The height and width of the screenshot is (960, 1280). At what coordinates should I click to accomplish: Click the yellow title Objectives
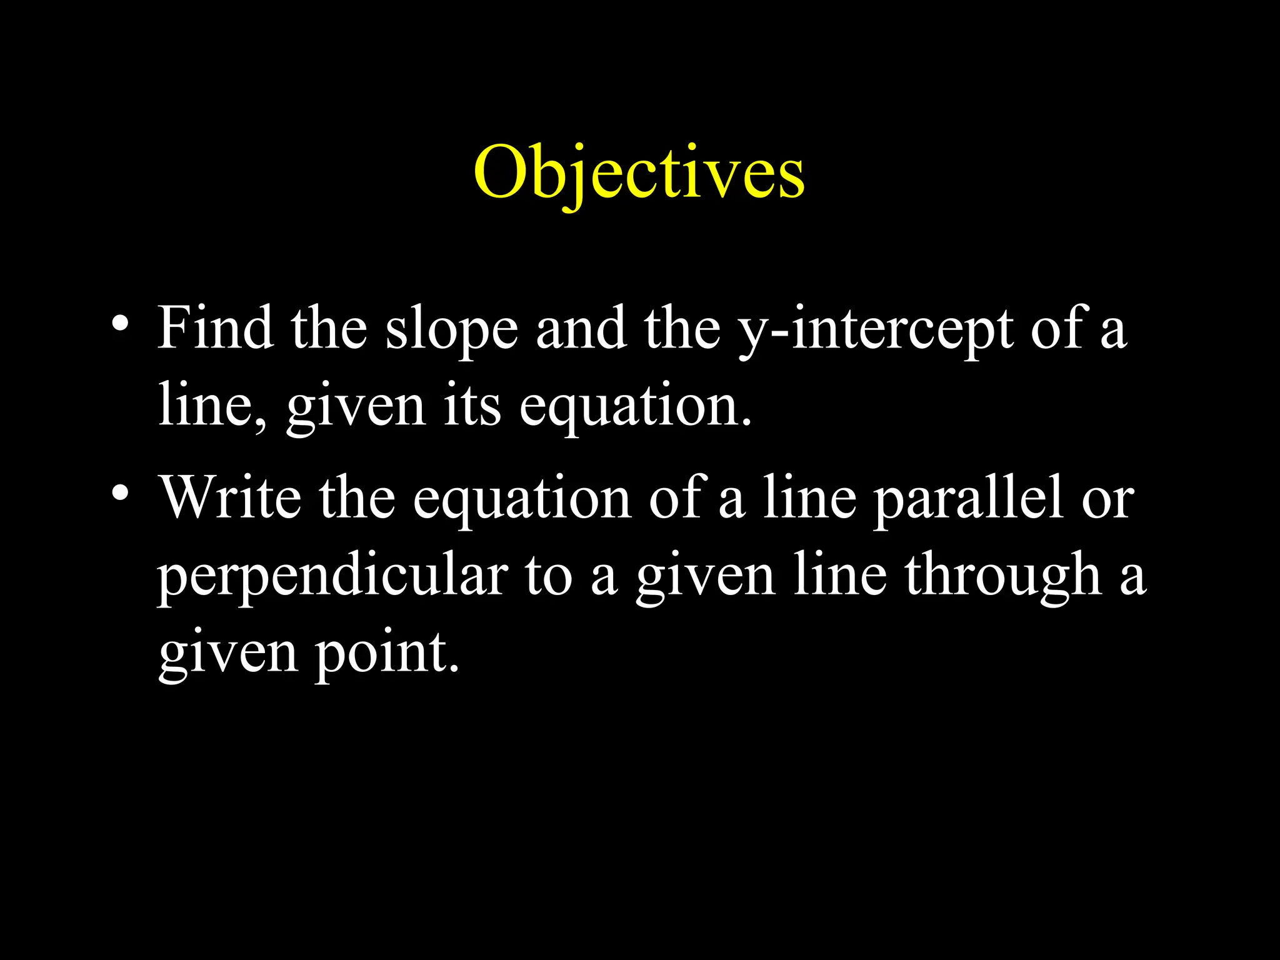pos(639,172)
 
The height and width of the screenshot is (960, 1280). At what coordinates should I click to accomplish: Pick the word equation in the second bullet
pos(521,500)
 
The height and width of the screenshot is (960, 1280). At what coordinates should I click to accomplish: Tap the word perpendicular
pos(332,576)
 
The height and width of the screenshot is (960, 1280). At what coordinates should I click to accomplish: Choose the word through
pos(1004,576)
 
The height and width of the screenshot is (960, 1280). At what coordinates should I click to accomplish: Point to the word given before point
pos(227,654)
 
